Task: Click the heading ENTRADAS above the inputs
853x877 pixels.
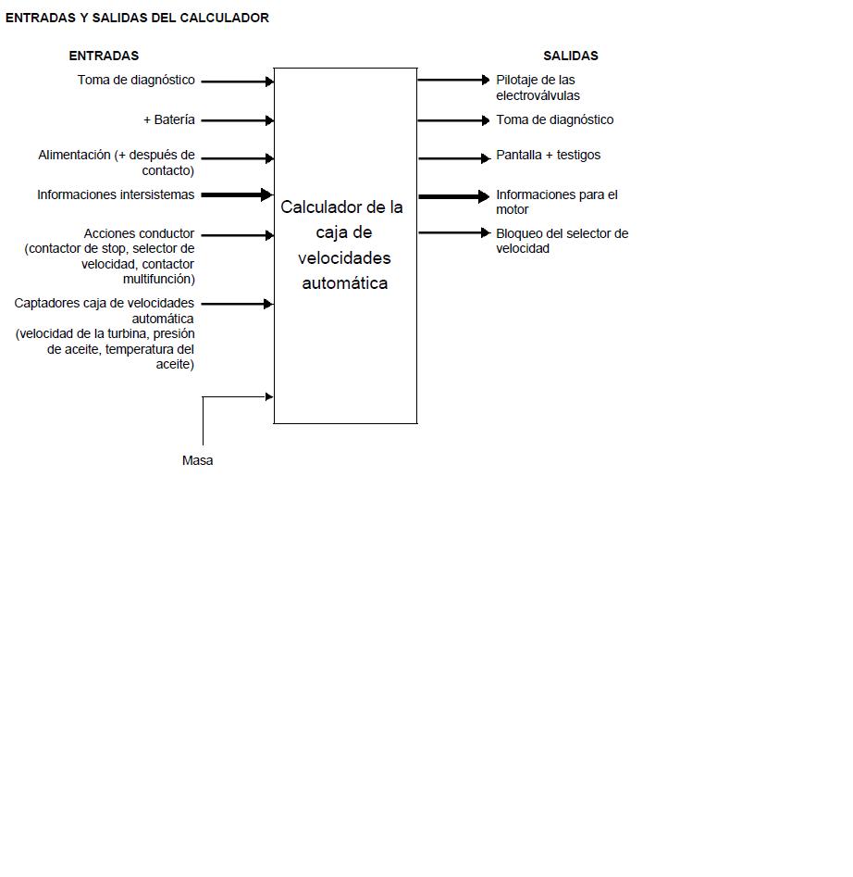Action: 104,56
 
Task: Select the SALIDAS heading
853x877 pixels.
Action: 570,56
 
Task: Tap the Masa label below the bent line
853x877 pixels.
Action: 197,460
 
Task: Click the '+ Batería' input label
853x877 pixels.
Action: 169,119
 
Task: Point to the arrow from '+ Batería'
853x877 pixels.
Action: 238,120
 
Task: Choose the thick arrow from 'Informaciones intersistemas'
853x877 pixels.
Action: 237,194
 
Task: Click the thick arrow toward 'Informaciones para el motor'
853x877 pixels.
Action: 453,196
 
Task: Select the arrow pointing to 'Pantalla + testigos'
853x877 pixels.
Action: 453,158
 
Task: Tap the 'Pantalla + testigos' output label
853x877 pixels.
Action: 548,155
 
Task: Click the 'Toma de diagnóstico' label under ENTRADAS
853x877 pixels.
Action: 136,80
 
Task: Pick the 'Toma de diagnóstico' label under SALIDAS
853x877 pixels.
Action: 555,119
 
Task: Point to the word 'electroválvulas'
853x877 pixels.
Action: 538,95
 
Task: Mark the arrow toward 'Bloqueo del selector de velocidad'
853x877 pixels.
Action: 453,232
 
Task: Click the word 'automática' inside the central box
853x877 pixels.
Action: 345,283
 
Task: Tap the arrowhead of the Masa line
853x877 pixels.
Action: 270,396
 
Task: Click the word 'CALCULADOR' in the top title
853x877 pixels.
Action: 225,18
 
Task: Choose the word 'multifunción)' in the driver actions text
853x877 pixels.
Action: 158,279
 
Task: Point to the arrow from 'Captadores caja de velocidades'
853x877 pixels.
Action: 237,304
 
